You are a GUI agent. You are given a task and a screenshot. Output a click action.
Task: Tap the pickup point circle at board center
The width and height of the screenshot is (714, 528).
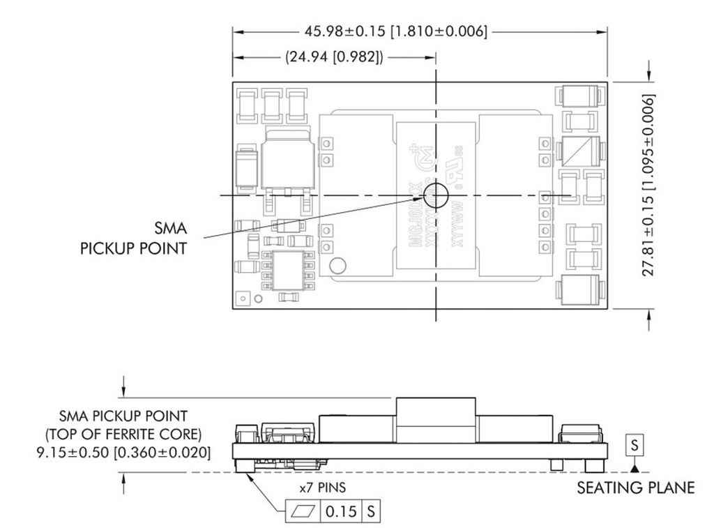click(436, 195)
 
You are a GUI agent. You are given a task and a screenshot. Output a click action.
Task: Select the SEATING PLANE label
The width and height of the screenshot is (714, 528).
click(635, 488)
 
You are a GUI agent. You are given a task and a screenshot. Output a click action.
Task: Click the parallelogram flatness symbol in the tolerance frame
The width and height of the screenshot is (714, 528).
click(304, 511)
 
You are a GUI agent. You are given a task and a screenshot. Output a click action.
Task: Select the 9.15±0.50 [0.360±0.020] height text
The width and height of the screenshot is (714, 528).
click(123, 452)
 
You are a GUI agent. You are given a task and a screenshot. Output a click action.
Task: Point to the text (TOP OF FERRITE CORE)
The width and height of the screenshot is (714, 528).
click(123, 435)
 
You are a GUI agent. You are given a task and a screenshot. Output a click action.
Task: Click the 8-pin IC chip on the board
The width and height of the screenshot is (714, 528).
click(287, 271)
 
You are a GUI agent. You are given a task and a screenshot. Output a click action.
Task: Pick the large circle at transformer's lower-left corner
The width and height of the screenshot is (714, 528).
click(339, 266)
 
